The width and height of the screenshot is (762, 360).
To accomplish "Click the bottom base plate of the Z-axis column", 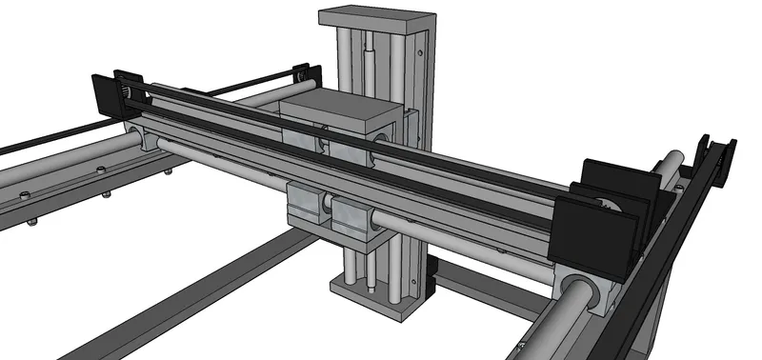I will (x=376, y=290).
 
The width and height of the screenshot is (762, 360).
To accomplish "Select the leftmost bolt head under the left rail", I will (x=31, y=224).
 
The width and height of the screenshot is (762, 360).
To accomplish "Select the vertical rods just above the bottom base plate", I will (x=359, y=267).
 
